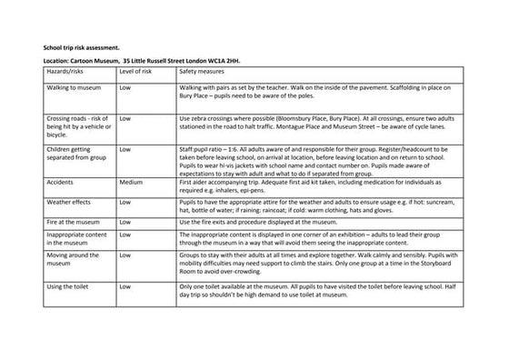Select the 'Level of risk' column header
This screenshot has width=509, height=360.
click(x=139, y=69)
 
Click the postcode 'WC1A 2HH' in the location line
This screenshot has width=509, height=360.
click(x=234, y=61)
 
